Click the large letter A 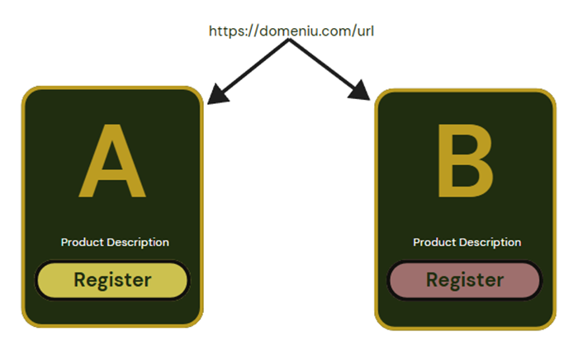112,163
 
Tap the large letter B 465,163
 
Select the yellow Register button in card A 112,280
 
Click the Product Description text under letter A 115,242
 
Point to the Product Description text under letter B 467,242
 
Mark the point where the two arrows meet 288,42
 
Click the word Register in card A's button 112,280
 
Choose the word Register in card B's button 465,280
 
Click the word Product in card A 80,242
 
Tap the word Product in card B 432,242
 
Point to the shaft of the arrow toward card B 324,65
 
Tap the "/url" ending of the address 362,31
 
